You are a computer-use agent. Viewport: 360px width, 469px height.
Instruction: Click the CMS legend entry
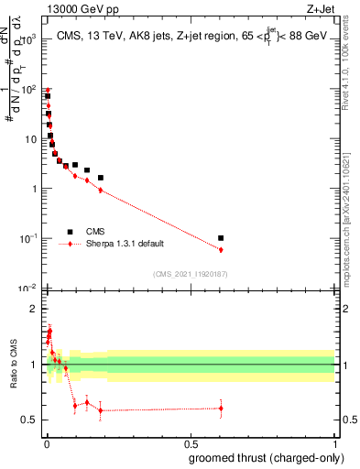[94, 232]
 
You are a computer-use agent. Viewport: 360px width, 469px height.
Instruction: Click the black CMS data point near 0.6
[221, 238]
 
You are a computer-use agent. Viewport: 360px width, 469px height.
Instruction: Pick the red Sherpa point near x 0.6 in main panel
[221, 249]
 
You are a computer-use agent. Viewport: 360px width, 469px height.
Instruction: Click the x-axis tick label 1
[335, 443]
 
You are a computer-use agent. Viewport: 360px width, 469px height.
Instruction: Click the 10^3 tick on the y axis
[30, 40]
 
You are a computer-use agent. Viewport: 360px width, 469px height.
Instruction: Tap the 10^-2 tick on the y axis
[30, 289]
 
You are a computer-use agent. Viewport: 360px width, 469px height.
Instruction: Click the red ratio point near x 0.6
[221, 409]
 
